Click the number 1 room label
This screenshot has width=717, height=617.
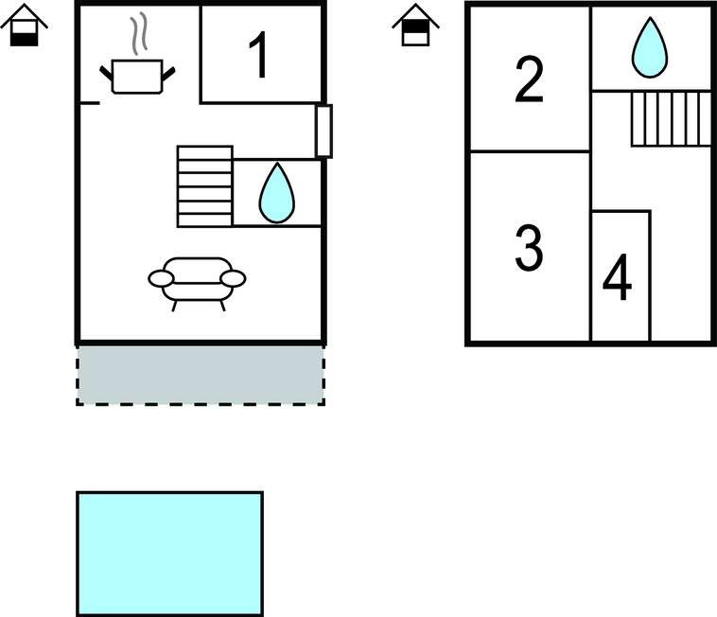pyautogui.click(x=260, y=55)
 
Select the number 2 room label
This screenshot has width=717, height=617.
pyautogui.click(x=529, y=79)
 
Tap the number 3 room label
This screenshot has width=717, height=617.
pyautogui.click(x=529, y=248)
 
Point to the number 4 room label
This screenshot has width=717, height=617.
pyautogui.click(x=618, y=276)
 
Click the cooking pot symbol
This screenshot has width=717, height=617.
pyautogui.click(x=137, y=77)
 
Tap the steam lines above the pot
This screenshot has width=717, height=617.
pyautogui.click(x=139, y=33)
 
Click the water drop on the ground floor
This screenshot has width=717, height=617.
pyautogui.click(x=277, y=193)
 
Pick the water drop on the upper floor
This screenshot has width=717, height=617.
pyautogui.click(x=650, y=47)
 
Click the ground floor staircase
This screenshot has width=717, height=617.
pyautogui.click(x=205, y=186)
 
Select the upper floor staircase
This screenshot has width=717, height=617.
pyautogui.click(x=672, y=118)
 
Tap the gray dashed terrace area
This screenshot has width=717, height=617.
pyautogui.click(x=201, y=376)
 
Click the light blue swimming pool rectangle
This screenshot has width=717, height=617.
pyautogui.click(x=169, y=554)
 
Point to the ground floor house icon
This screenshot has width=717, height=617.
pyautogui.click(x=25, y=25)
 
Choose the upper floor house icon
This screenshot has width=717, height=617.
pyautogui.click(x=415, y=25)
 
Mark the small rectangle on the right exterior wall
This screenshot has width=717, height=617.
pyautogui.click(x=324, y=132)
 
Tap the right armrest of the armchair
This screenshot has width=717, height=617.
pyautogui.click(x=233, y=278)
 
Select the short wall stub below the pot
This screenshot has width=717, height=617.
pyautogui.click(x=90, y=103)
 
